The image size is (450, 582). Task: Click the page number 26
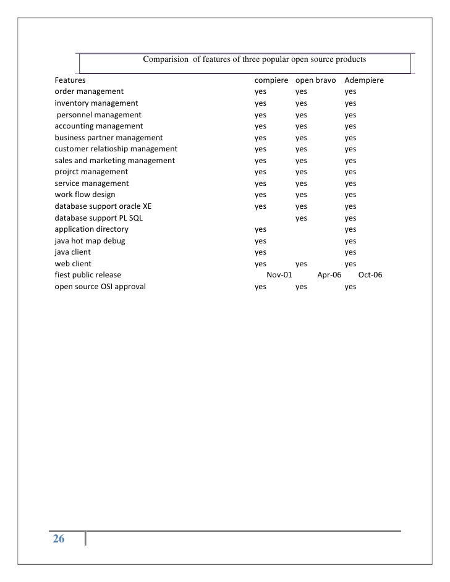tap(58, 539)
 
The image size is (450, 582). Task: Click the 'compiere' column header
tap(271, 80)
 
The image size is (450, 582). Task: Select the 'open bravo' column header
tap(315, 80)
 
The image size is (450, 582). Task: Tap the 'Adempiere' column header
tap(364, 80)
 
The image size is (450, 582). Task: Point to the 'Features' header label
tap(70, 80)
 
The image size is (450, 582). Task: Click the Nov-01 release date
tap(279, 275)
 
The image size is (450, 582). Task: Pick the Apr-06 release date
tap(329, 275)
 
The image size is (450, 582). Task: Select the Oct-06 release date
tap(370, 275)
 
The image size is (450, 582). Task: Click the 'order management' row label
tap(89, 91)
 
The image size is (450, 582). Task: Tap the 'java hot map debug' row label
tap(90, 241)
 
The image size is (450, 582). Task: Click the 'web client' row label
tap(73, 264)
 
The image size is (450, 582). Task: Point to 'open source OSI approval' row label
tap(100, 287)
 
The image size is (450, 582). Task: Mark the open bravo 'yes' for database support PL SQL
tap(301, 218)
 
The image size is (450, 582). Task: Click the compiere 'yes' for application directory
tap(260, 229)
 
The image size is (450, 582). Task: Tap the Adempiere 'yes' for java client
tap(350, 252)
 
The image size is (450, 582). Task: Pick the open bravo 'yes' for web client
tap(301, 264)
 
